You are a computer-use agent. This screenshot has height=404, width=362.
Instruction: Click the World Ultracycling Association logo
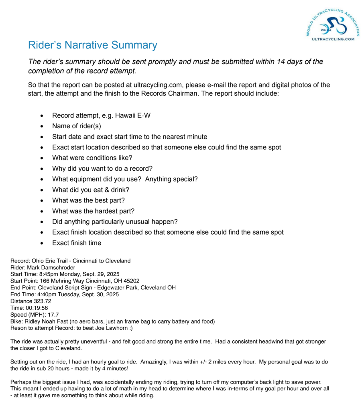pos(332,24)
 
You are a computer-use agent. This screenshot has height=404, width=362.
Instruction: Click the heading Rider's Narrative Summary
pos(92,45)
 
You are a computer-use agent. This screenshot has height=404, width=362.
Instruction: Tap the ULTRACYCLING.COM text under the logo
pos(333,39)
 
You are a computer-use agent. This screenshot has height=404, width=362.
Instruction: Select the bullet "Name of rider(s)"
pos(76,126)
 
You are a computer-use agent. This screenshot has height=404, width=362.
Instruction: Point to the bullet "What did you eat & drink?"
pos(90,190)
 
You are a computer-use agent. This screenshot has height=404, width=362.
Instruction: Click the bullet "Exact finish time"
pos(76,243)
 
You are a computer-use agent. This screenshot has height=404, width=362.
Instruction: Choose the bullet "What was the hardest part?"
pos(93,211)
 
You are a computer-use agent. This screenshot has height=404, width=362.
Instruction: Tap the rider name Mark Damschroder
pos(51,267)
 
